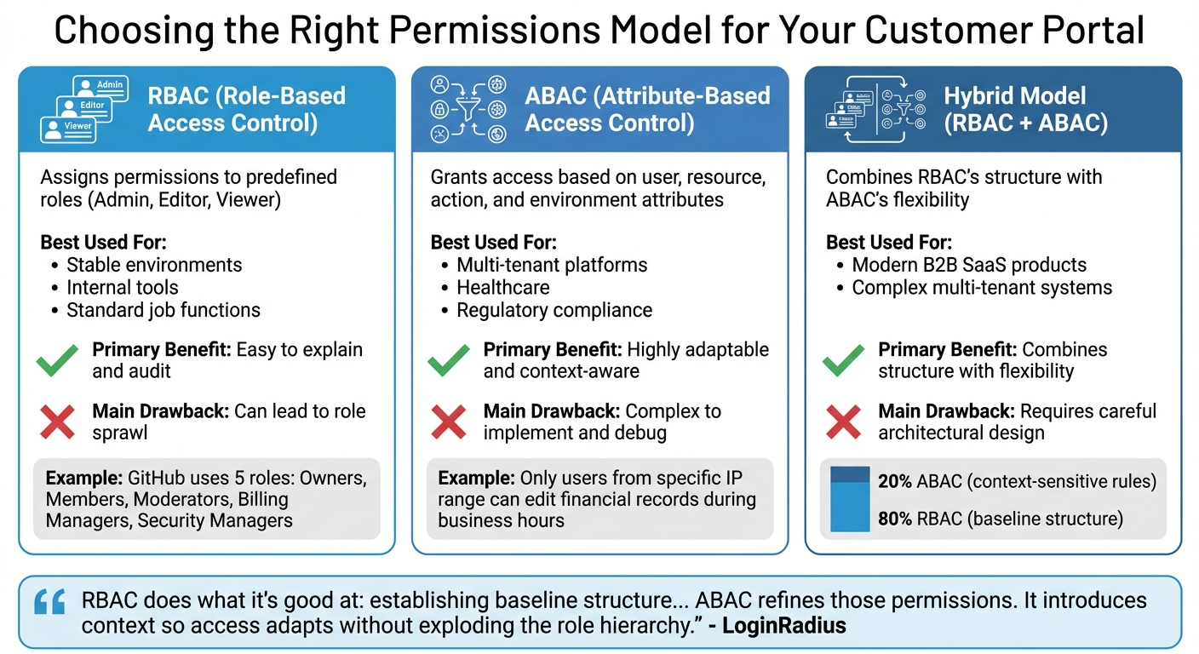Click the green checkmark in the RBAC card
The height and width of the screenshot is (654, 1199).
[58, 361]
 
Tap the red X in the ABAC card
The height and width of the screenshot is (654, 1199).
[449, 422]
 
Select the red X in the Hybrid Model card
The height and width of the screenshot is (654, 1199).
[843, 422]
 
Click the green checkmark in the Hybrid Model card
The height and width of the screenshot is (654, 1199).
[843, 361]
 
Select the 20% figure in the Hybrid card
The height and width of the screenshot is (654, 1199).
[895, 482]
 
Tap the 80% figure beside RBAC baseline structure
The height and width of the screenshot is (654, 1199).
[896, 518]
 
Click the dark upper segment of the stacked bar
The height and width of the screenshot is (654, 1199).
[849, 474]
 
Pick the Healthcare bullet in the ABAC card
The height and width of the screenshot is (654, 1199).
[502, 288]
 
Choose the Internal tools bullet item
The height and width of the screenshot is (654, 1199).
[123, 288]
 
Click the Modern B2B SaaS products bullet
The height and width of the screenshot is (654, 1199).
[969, 265]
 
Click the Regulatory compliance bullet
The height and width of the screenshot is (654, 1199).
[554, 311]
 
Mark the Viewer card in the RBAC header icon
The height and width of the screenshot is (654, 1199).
[67, 129]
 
